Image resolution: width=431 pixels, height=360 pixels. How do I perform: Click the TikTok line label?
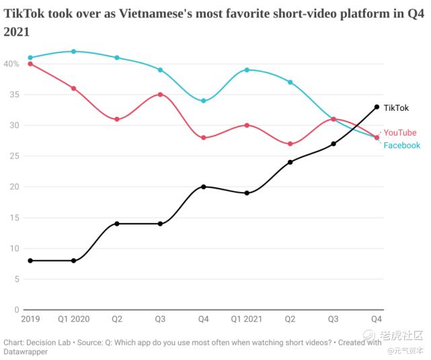point(396,107)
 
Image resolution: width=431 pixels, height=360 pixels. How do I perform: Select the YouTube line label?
point(399,133)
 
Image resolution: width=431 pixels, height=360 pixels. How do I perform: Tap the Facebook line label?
point(401,145)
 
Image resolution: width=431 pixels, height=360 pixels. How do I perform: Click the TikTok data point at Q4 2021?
point(377,107)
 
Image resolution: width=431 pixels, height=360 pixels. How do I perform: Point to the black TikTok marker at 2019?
point(30,261)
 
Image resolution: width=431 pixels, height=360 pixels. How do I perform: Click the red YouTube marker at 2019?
point(30,64)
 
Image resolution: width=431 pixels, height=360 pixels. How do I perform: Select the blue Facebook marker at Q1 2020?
point(73,51)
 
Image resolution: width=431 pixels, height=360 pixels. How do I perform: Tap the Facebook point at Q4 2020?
point(204,101)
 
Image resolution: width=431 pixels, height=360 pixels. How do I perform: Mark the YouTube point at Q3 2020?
point(160,95)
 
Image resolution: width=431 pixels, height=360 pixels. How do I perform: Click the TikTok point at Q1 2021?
point(247,193)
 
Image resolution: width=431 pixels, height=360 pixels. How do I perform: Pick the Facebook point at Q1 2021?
point(247,70)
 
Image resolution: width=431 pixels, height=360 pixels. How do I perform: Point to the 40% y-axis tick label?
point(11,64)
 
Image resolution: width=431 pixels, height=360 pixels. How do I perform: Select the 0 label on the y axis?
point(16,310)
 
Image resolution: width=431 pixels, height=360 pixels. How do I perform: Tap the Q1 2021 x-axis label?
point(247,318)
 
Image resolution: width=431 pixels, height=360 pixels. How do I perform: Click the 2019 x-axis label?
point(30,318)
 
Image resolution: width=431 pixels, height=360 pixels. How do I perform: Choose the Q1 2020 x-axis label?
point(73,318)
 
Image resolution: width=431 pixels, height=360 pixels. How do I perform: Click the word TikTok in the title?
point(25,13)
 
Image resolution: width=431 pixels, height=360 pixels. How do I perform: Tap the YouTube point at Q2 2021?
point(290,144)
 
